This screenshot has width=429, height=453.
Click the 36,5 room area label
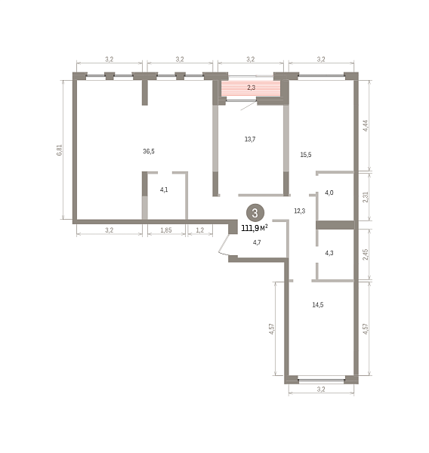click(x=149, y=151)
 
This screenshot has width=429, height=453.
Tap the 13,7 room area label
click(x=250, y=139)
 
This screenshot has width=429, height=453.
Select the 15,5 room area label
click(x=306, y=155)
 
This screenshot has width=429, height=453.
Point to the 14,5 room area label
click(x=318, y=304)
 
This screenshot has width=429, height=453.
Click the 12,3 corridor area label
click(x=300, y=211)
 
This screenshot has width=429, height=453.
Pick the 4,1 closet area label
click(x=164, y=190)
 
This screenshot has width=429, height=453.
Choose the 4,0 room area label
click(x=329, y=193)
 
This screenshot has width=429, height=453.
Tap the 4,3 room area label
click(x=329, y=253)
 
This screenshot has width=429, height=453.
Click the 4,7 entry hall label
click(x=257, y=242)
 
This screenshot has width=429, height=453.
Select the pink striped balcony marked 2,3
click(x=251, y=89)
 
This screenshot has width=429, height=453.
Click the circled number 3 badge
click(x=255, y=213)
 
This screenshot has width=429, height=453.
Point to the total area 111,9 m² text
click(x=255, y=228)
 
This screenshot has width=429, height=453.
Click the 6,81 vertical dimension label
click(x=59, y=150)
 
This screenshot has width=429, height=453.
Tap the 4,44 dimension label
click(x=366, y=125)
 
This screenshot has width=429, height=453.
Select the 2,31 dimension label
click(x=366, y=197)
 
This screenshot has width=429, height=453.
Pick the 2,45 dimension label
click(x=366, y=254)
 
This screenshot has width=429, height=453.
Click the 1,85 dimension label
click(x=166, y=230)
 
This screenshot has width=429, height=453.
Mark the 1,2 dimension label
click(x=200, y=230)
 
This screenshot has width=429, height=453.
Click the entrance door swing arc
click(x=223, y=245)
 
